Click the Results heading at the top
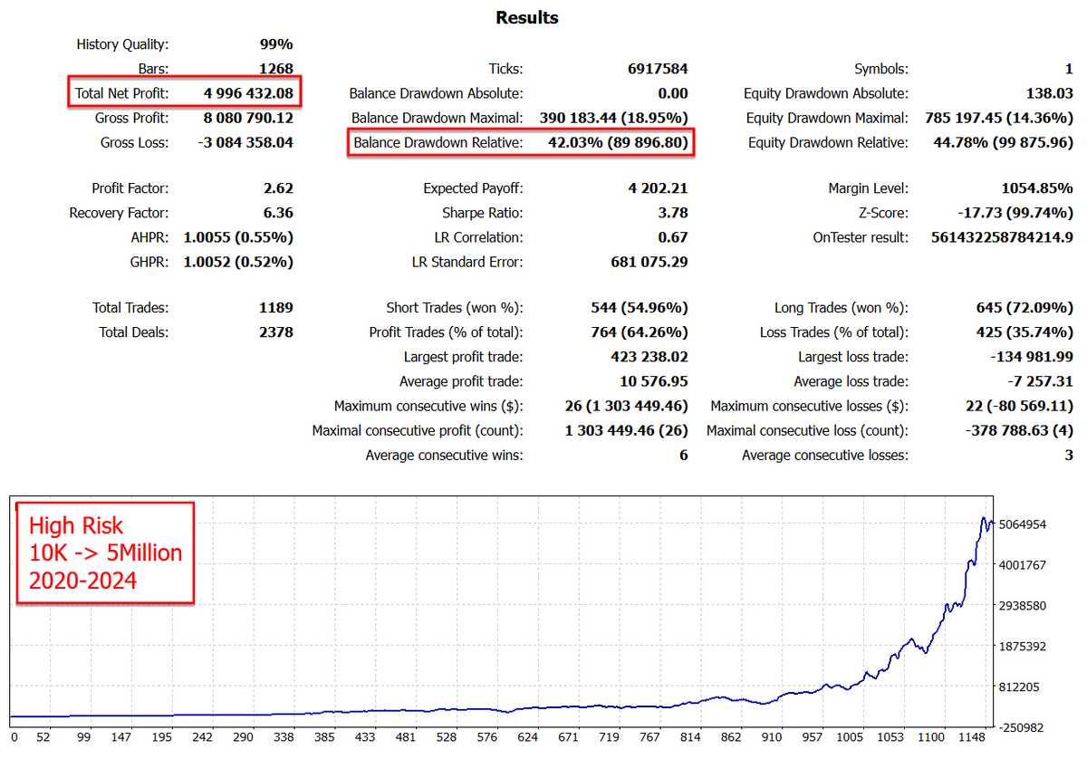[x=527, y=18]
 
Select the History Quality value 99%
[x=276, y=44]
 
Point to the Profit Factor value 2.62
[x=276, y=188]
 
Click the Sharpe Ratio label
[x=481, y=213]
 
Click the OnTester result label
[x=861, y=237]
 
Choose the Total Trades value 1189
[x=275, y=308]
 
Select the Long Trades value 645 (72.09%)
[x=1016, y=308]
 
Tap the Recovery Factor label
[x=119, y=213]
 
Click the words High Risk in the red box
[x=76, y=526]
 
